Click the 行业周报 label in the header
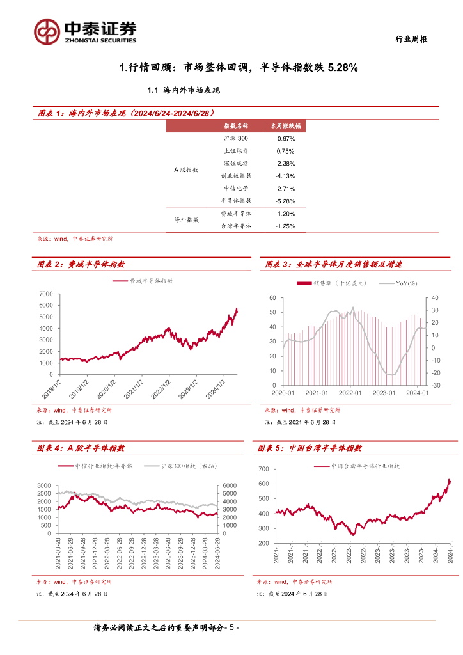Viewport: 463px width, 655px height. (409, 39)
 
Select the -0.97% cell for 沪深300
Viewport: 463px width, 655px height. (285, 139)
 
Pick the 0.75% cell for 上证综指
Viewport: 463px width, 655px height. (285, 151)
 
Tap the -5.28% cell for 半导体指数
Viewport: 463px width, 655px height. (285, 201)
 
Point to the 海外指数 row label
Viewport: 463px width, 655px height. (186, 219)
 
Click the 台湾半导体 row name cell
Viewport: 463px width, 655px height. (236, 226)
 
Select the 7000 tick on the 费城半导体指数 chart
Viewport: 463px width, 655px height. (45, 294)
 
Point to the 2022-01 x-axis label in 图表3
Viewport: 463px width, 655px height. (350, 393)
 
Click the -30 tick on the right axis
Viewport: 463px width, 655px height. (436, 385)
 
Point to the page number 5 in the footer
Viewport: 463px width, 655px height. (232, 629)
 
